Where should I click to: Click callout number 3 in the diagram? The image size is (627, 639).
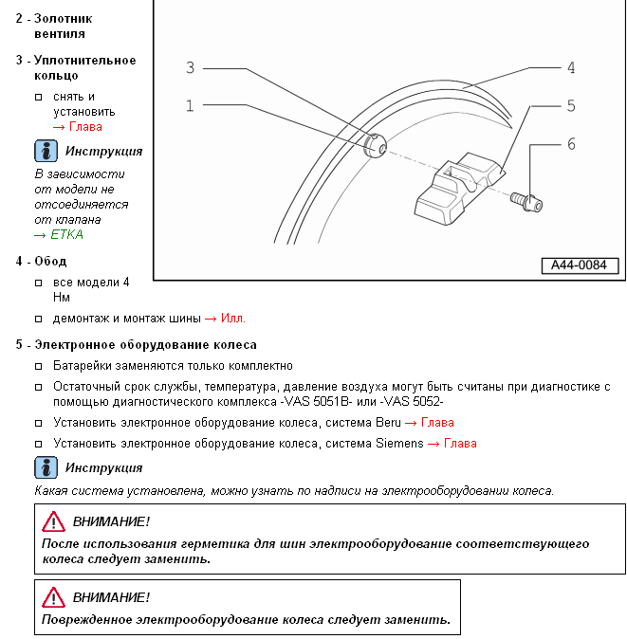tap(190, 67)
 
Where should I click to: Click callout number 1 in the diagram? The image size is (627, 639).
tap(190, 105)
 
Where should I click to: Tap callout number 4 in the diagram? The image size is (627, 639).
tap(571, 67)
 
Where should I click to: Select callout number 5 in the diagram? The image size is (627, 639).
tap(571, 105)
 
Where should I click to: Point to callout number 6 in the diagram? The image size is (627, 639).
tap(571, 144)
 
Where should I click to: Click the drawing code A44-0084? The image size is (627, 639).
tap(579, 265)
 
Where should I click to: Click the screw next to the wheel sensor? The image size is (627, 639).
tap(524, 201)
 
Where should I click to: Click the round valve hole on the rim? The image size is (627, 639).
tap(374, 147)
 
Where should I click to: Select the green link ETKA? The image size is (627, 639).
tap(58, 234)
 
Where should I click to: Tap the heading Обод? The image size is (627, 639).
tap(50, 261)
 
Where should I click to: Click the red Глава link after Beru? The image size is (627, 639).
tap(437, 423)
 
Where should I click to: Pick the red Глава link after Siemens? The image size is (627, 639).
tap(460, 443)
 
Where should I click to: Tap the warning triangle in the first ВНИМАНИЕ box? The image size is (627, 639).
tap(53, 521)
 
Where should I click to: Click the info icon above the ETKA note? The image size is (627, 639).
tap(46, 151)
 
